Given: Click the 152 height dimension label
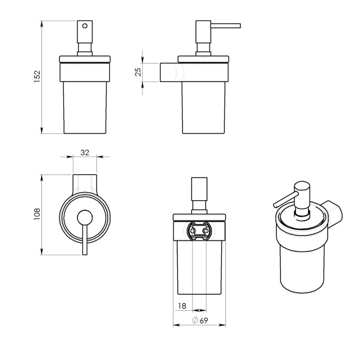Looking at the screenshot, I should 37,77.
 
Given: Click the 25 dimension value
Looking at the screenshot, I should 139,72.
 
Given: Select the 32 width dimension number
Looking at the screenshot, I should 85,152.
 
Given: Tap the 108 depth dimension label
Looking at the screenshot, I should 37,214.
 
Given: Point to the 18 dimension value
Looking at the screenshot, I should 182,306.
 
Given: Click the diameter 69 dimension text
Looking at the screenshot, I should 200,320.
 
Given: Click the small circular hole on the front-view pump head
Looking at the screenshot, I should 85,26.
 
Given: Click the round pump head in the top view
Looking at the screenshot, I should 85,216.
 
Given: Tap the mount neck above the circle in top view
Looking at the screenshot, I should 85,182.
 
